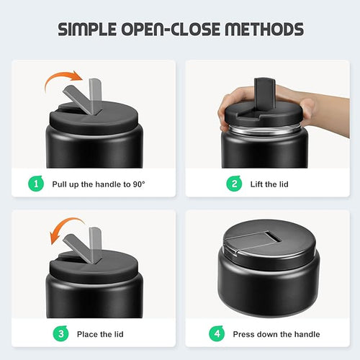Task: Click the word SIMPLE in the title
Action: [x=87, y=30]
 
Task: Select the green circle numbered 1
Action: [x=36, y=184]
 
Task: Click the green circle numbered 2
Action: [x=234, y=184]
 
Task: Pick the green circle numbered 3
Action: [x=60, y=333]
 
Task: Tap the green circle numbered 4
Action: [x=217, y=333]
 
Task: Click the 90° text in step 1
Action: [x=139, y=184]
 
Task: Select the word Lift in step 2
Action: [x=256, y=184]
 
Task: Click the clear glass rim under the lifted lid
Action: [x=264, y=130]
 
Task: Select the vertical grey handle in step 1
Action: [x=95, y=95]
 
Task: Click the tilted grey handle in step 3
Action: [x=78, y=248]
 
